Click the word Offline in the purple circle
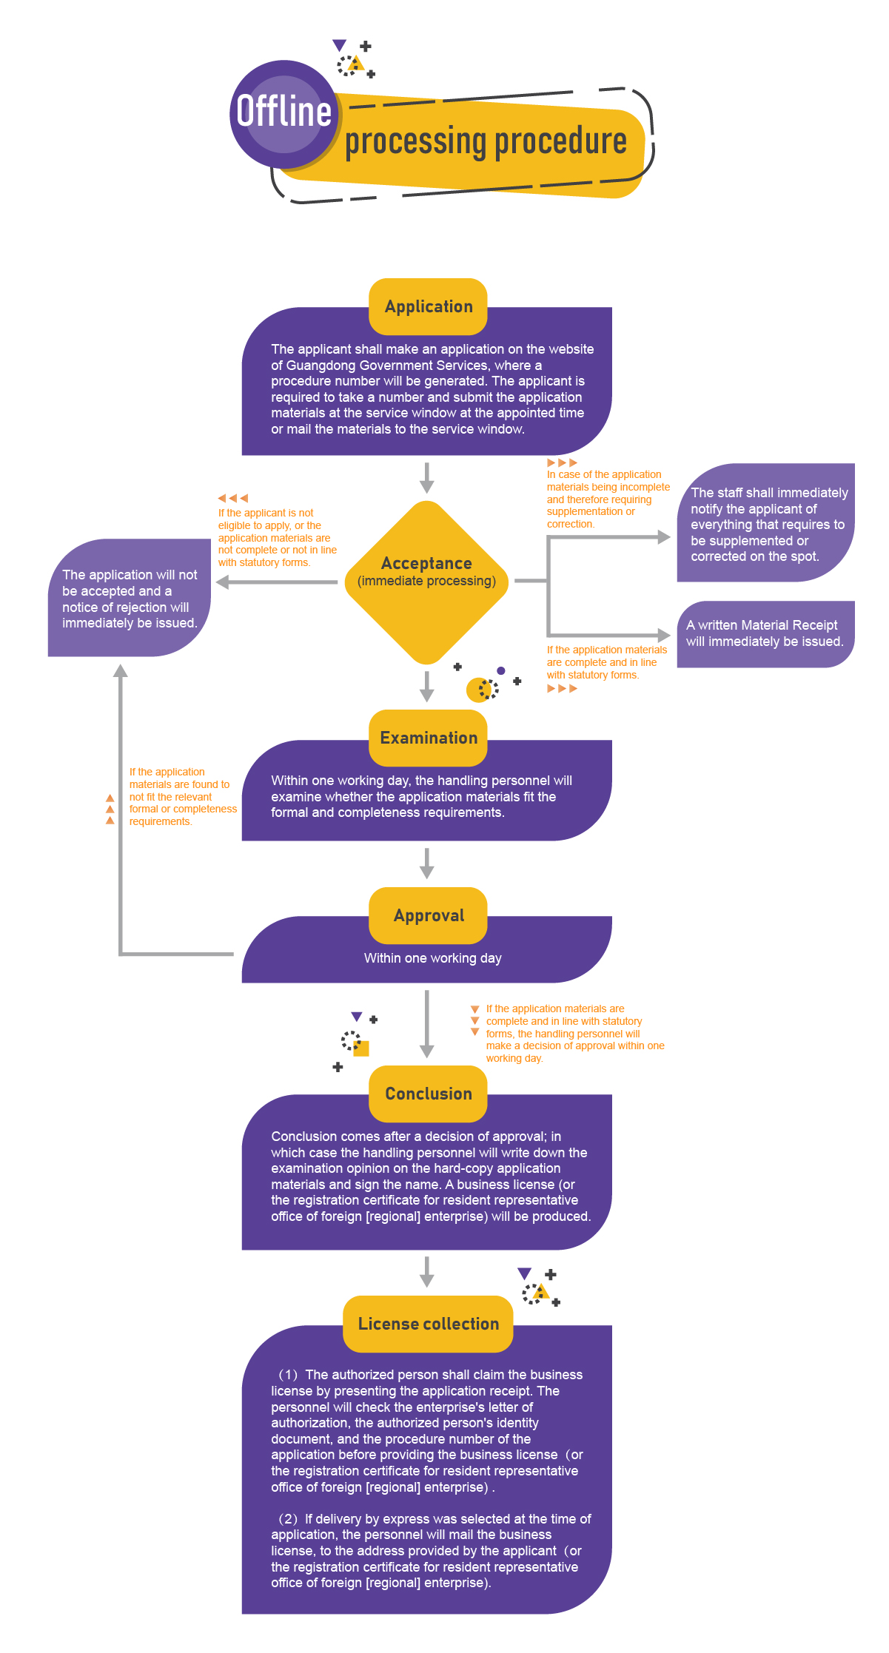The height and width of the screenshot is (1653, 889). point(284,112)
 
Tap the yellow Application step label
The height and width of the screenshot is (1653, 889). point(428,306)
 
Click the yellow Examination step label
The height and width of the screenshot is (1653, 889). point(428,738)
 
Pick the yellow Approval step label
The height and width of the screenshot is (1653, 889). point(428,915)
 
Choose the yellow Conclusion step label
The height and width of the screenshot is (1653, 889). point(428,1094)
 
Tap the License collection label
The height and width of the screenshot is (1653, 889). point(428,1324)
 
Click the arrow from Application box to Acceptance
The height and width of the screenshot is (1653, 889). point(426,478)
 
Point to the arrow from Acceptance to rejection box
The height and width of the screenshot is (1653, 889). point(277,582)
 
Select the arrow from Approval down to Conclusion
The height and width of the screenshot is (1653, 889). point(426,1025)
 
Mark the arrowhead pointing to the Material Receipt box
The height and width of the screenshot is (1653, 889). point(664,635)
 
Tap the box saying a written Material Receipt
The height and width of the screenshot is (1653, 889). point(765,634)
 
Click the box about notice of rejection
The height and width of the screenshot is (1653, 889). point(130,598)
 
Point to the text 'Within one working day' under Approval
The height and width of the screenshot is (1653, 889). point(432,958)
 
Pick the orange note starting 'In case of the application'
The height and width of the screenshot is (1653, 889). point(607,499)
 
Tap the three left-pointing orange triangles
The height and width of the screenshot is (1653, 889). point(232,498)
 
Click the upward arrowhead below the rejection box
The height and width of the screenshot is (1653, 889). point(120,671)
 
